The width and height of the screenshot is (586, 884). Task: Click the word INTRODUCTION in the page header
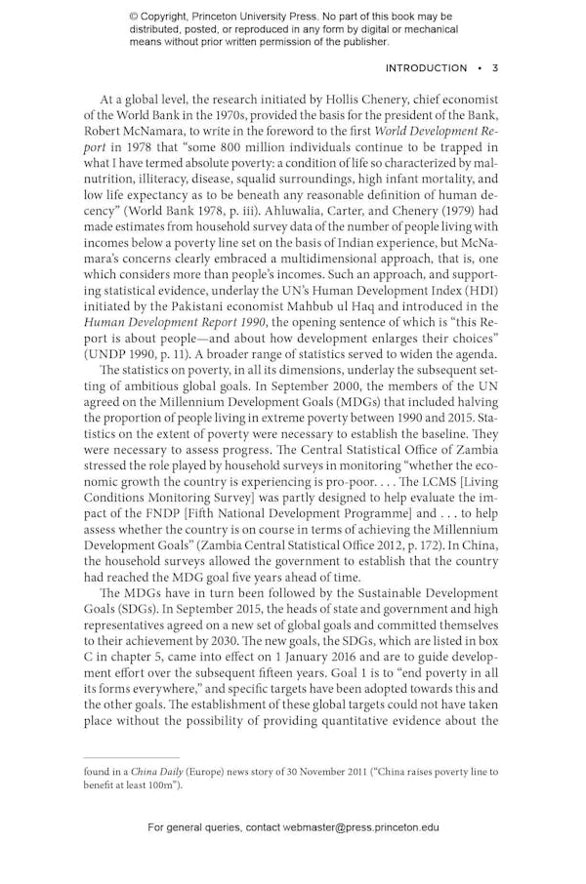tap(426, 68)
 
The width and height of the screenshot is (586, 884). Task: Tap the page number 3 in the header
tap(495, 68)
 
